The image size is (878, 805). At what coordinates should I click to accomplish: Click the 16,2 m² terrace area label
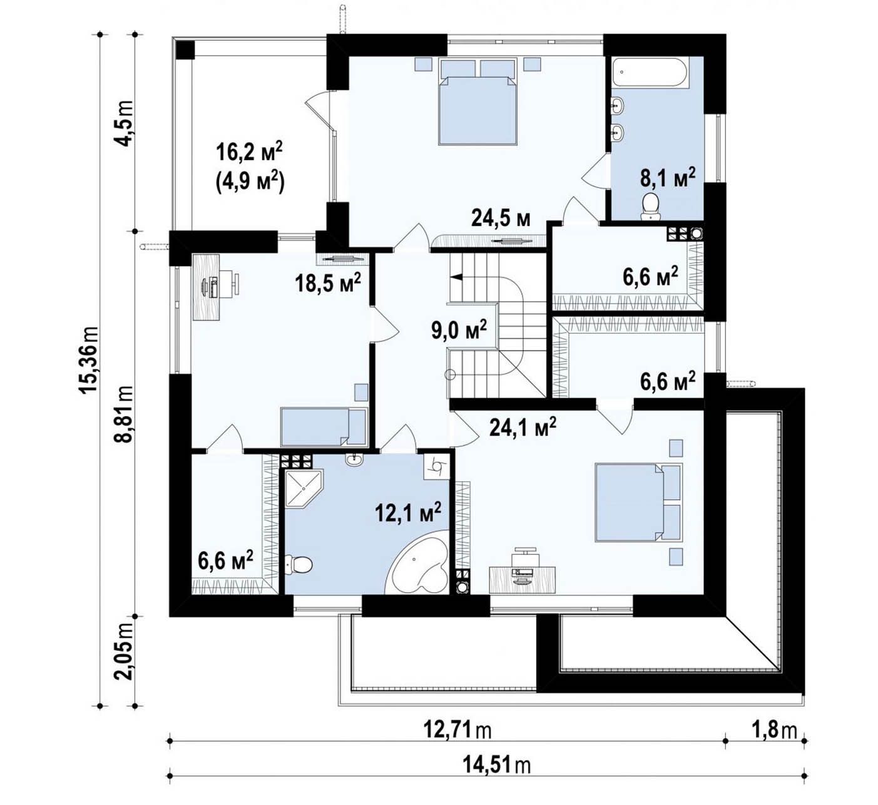[249, 153]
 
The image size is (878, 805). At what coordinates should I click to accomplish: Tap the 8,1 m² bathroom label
[668, 177]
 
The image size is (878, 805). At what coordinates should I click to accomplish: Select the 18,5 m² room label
[328, 282]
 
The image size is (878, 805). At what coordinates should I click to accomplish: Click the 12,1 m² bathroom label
[408, 512]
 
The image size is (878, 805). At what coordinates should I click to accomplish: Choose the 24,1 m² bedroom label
[523, 427]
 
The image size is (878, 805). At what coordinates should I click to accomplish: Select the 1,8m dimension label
[774, 731]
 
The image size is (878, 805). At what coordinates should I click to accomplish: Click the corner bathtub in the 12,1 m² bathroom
[419, 561]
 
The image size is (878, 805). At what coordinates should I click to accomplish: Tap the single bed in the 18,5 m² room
[323, 427]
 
